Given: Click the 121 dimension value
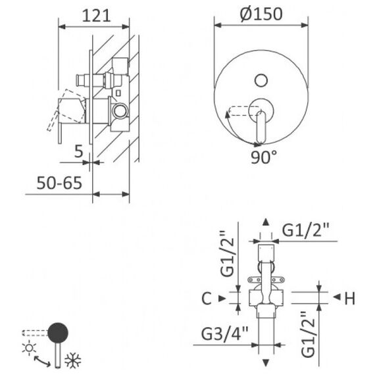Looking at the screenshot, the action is point(96,16).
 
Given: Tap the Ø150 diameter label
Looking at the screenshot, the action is point(261,14).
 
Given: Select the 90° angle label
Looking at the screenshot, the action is point(264,157).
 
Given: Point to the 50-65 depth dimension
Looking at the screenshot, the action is point(59,183).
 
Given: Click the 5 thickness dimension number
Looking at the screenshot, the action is point(78,151).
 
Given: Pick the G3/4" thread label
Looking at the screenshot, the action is point(224,334).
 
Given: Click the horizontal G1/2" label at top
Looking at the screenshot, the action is point(306,230).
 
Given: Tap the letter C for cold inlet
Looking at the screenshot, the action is point(207,298).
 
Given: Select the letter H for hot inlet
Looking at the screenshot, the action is point(350,298).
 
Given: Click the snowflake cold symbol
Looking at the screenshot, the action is point(73,360).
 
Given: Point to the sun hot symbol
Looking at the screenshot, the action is point(29,348).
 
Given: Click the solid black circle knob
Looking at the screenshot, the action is point(58,333).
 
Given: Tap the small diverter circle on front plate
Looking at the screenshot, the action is point(261,80).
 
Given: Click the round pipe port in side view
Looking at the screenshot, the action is point(120,111).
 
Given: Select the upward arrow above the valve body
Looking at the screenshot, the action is point(266,222).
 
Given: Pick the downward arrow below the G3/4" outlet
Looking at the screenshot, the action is point(266,362).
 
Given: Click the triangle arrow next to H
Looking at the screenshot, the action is point(337,297).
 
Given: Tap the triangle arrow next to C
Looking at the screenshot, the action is point(222,298).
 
